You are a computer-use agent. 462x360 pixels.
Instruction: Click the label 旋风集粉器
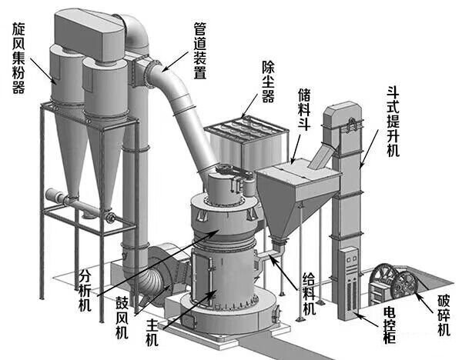[18, 57]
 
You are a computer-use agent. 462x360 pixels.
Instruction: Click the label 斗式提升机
[393, 121]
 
